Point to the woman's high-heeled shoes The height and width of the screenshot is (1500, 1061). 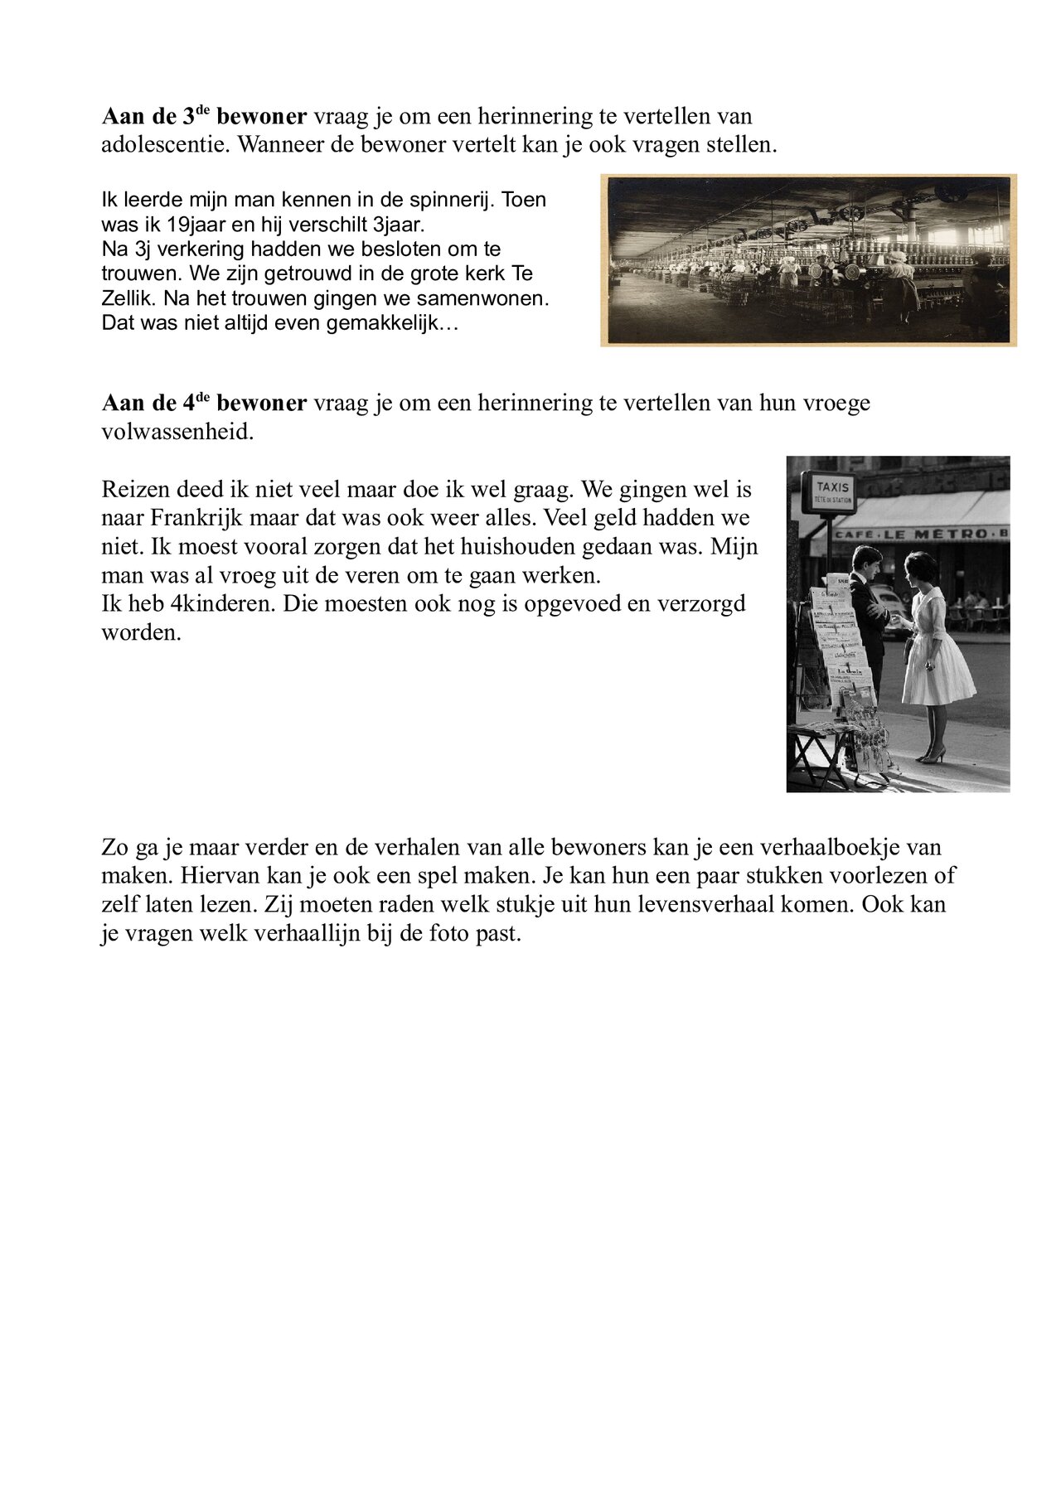[x=933, y=755]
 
